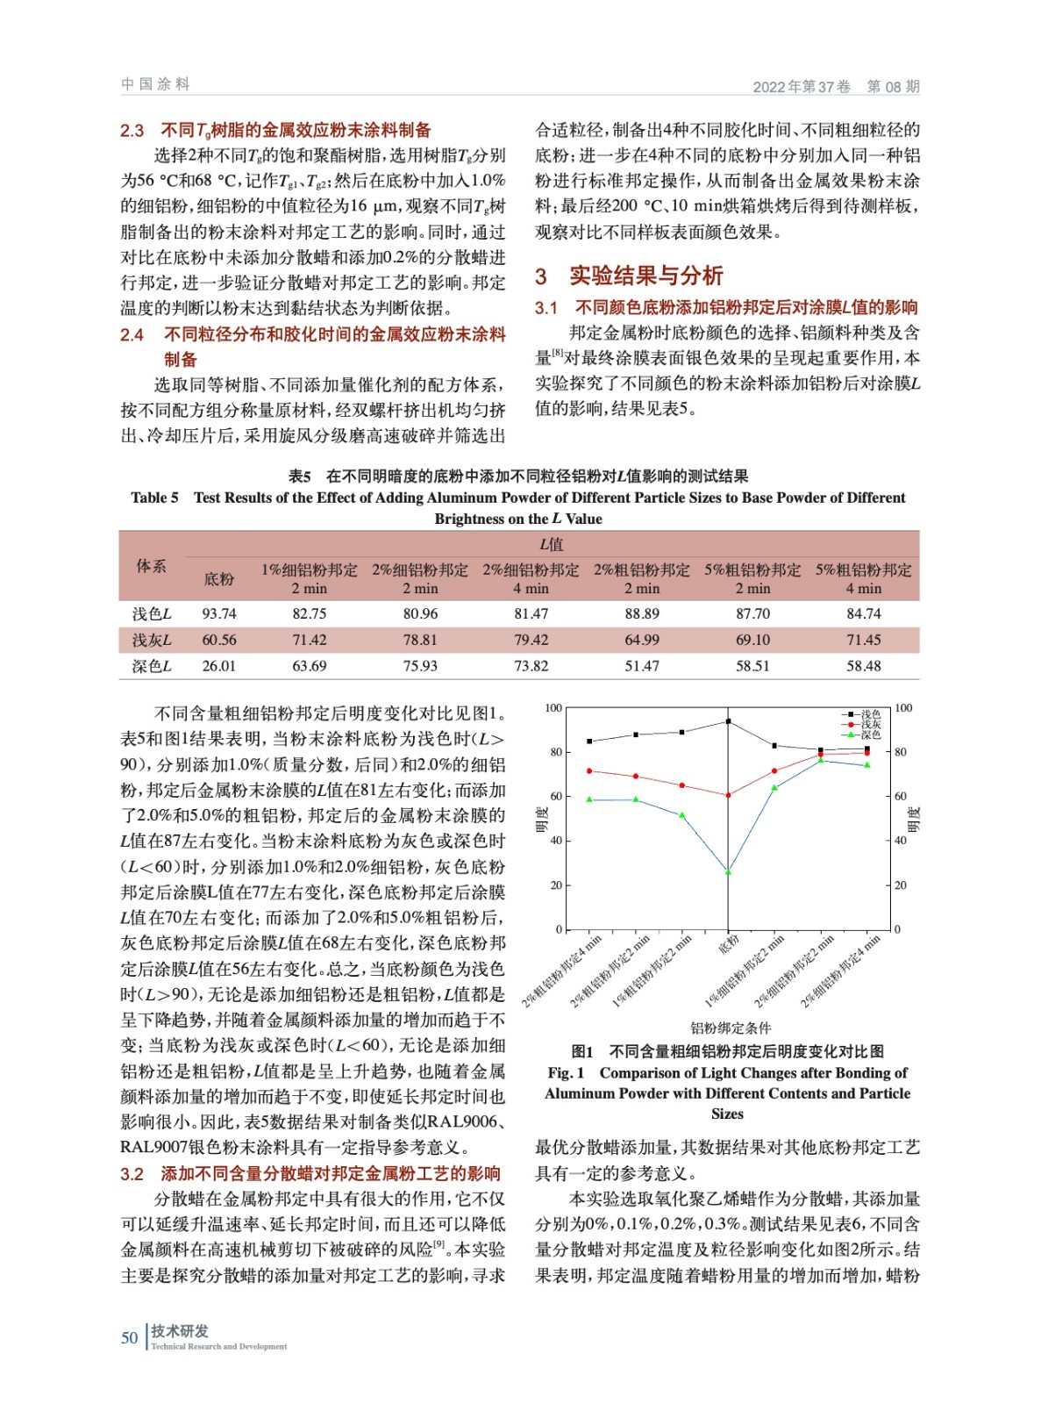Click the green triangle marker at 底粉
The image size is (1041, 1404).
point(728,871)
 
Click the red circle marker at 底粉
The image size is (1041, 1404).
point(728,795)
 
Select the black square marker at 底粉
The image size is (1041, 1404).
point(728,721)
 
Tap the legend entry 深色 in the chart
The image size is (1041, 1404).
point(870,734)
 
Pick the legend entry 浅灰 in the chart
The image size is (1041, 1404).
point(870,725)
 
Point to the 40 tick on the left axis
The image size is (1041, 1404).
point(556,841)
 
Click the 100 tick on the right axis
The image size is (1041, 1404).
point(903,708)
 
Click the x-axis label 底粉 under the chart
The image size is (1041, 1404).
point(729,945)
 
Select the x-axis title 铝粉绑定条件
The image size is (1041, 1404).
point(731,1028)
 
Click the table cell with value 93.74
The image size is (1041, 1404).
point(219,614)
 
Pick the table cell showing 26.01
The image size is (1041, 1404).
point(219,666)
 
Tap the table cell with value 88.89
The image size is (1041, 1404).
point(642,614)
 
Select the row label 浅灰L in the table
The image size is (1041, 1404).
point(152,641)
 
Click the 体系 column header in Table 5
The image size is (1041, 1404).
point(151,566)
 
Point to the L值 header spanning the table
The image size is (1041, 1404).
point(552,544)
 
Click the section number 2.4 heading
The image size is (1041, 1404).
point(132,334)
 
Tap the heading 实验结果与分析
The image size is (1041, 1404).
point(645,276)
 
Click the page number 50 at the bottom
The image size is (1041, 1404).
point(130,1337)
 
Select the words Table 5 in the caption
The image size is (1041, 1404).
point(154,498)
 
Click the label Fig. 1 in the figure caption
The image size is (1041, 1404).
point(566,1072)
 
